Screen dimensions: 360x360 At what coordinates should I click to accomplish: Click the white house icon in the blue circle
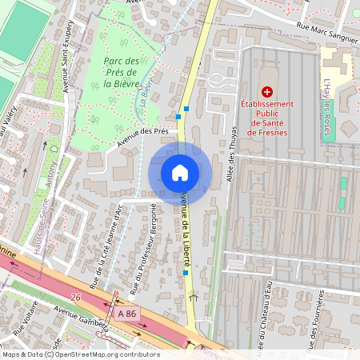point(180,172)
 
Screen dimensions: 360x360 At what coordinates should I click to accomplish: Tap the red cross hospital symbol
point(267,93)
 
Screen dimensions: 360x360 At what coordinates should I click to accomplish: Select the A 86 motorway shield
point(126,316)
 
